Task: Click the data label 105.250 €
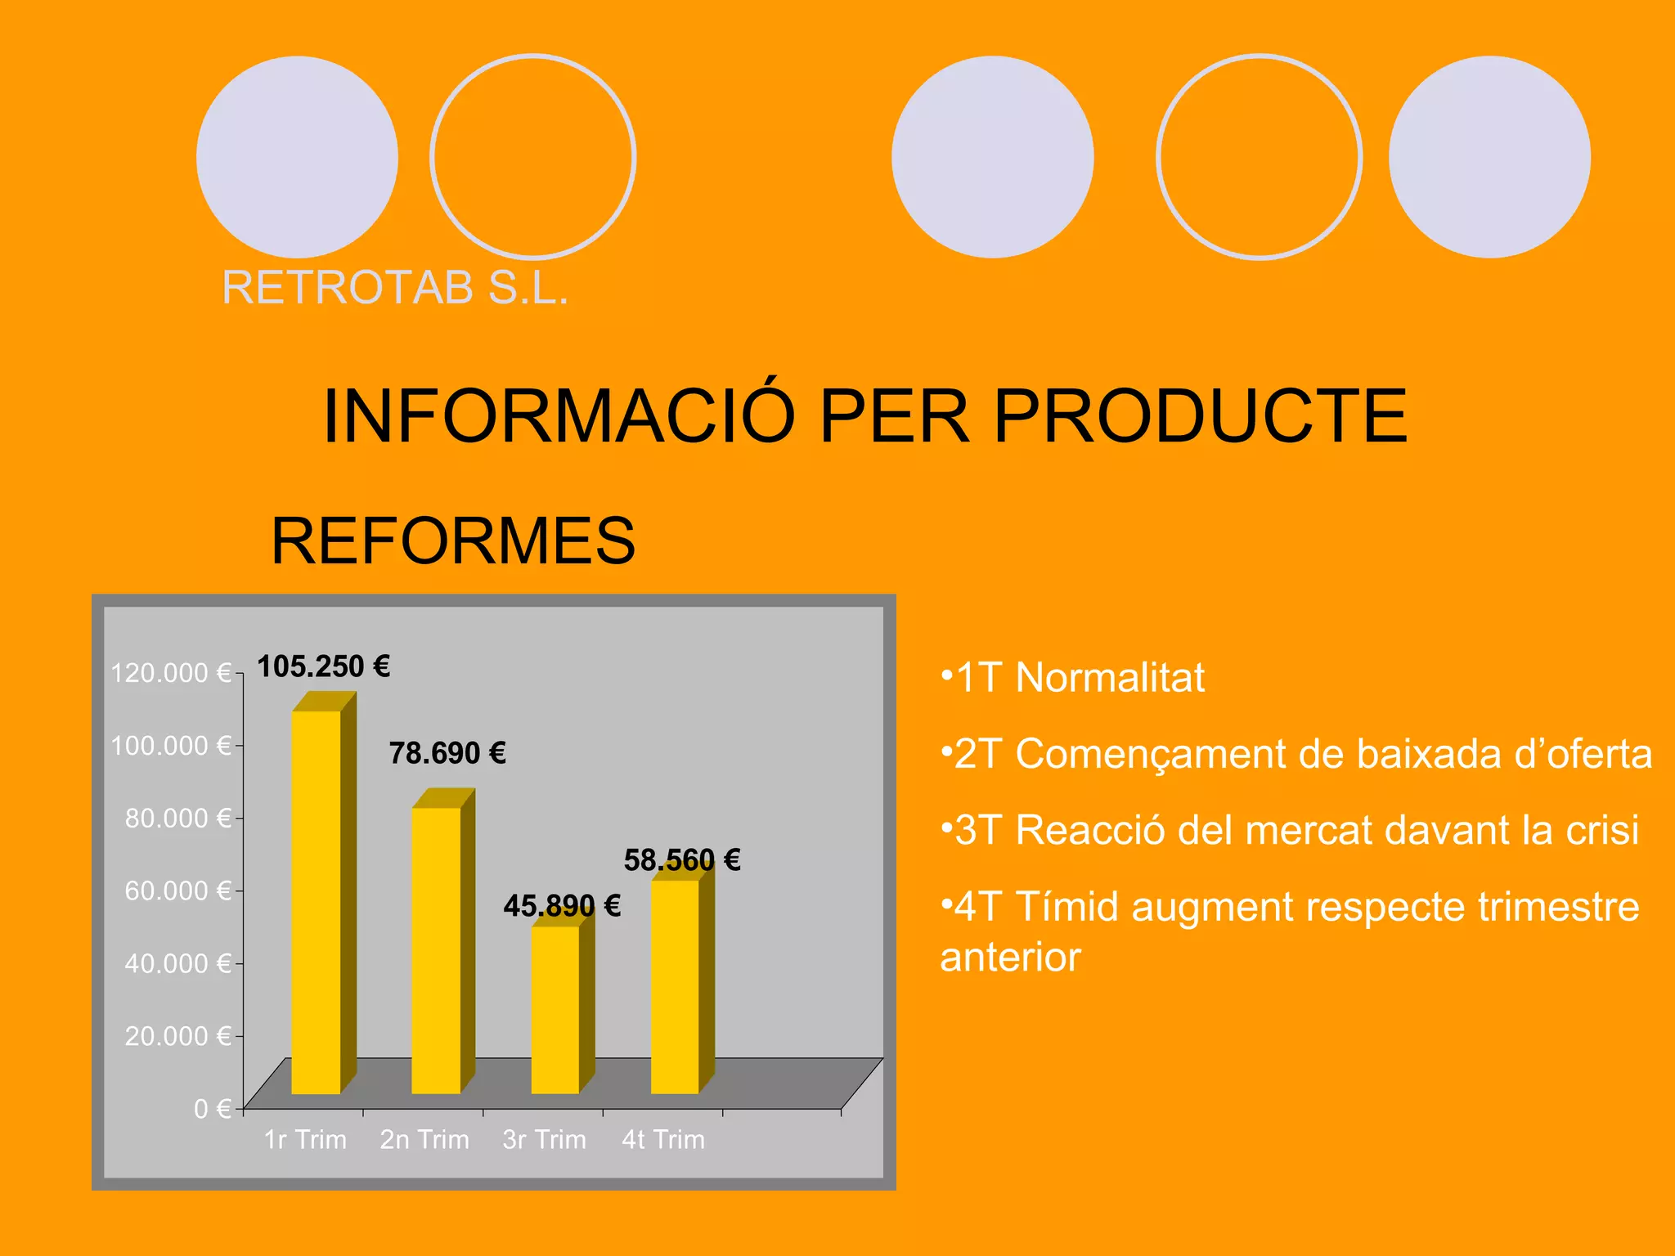(323, 667)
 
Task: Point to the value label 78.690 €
(447, 753)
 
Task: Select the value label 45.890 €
(562, 906)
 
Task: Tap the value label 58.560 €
(682, 860)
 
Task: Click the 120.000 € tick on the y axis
(171, 673)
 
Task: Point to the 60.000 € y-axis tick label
(177, 890)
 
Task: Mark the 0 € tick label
(212, 1109)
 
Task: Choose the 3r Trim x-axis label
(544, 1139)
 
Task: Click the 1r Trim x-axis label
(305, 1139)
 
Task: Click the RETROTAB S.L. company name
(395, 288)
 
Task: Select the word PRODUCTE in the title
(1200, 416)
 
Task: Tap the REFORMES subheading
(453, 541)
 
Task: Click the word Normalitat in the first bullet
(1110, 678)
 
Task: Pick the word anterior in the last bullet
(1010, 958)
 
